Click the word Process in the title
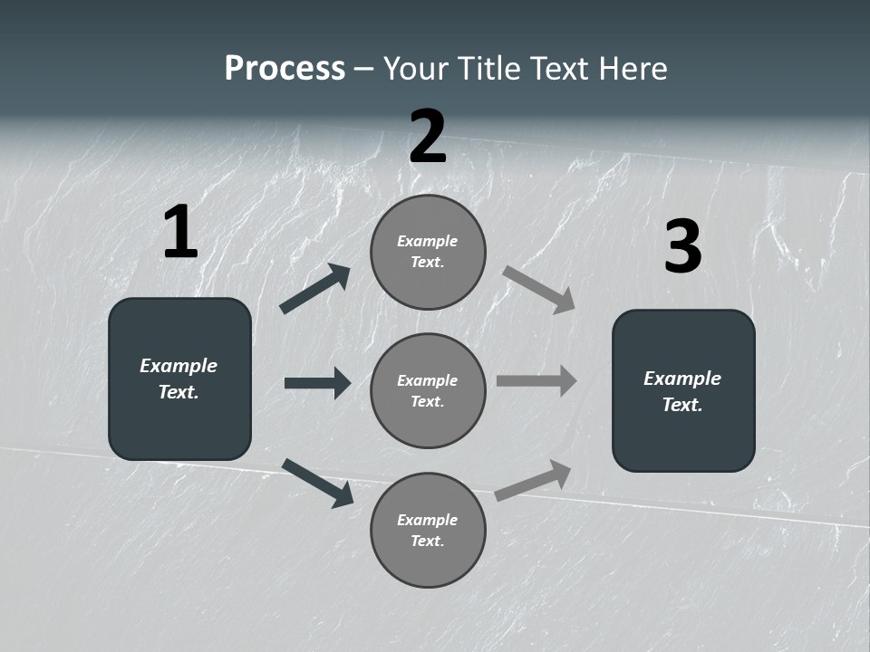click(285, 69)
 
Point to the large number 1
click(180, 233)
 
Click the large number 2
click(428, 137)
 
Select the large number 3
click(682, 247)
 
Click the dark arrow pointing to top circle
click(315, 289)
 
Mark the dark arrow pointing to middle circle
click(317, 383)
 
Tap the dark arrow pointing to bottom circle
click(318, 483)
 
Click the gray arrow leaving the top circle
click(538, 289)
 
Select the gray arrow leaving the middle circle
click(536, 380)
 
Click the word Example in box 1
click(179, 366)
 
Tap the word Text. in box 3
click(682, 405)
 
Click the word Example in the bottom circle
click(428, 520)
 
